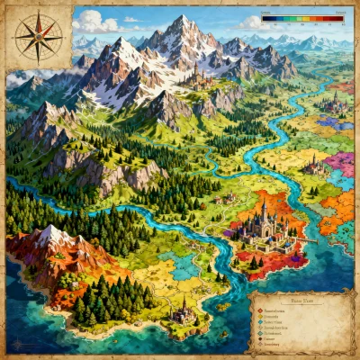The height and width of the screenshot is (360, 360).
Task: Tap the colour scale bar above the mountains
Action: (302, 17)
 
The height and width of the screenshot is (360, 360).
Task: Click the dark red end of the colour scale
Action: (339, 17)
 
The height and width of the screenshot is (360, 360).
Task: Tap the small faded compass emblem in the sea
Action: (16, 343)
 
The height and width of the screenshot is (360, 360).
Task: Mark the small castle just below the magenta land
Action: (315, 166)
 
